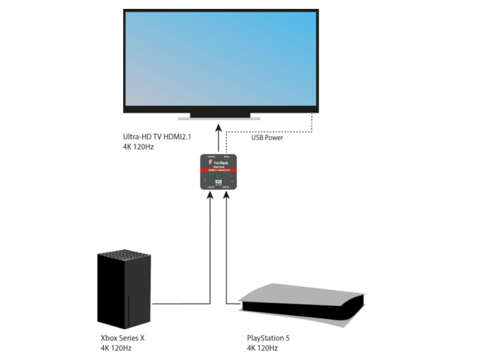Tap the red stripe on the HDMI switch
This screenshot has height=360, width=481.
coord(219,169)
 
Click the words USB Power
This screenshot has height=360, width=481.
coord(267,137)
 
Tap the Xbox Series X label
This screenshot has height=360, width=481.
coord(123,338)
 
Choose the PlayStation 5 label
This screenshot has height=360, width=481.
coord(269,338)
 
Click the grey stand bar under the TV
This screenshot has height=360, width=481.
coord(219,117)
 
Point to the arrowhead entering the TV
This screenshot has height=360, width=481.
coord(219,129)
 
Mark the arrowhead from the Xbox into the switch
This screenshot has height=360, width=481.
coord(210,194)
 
